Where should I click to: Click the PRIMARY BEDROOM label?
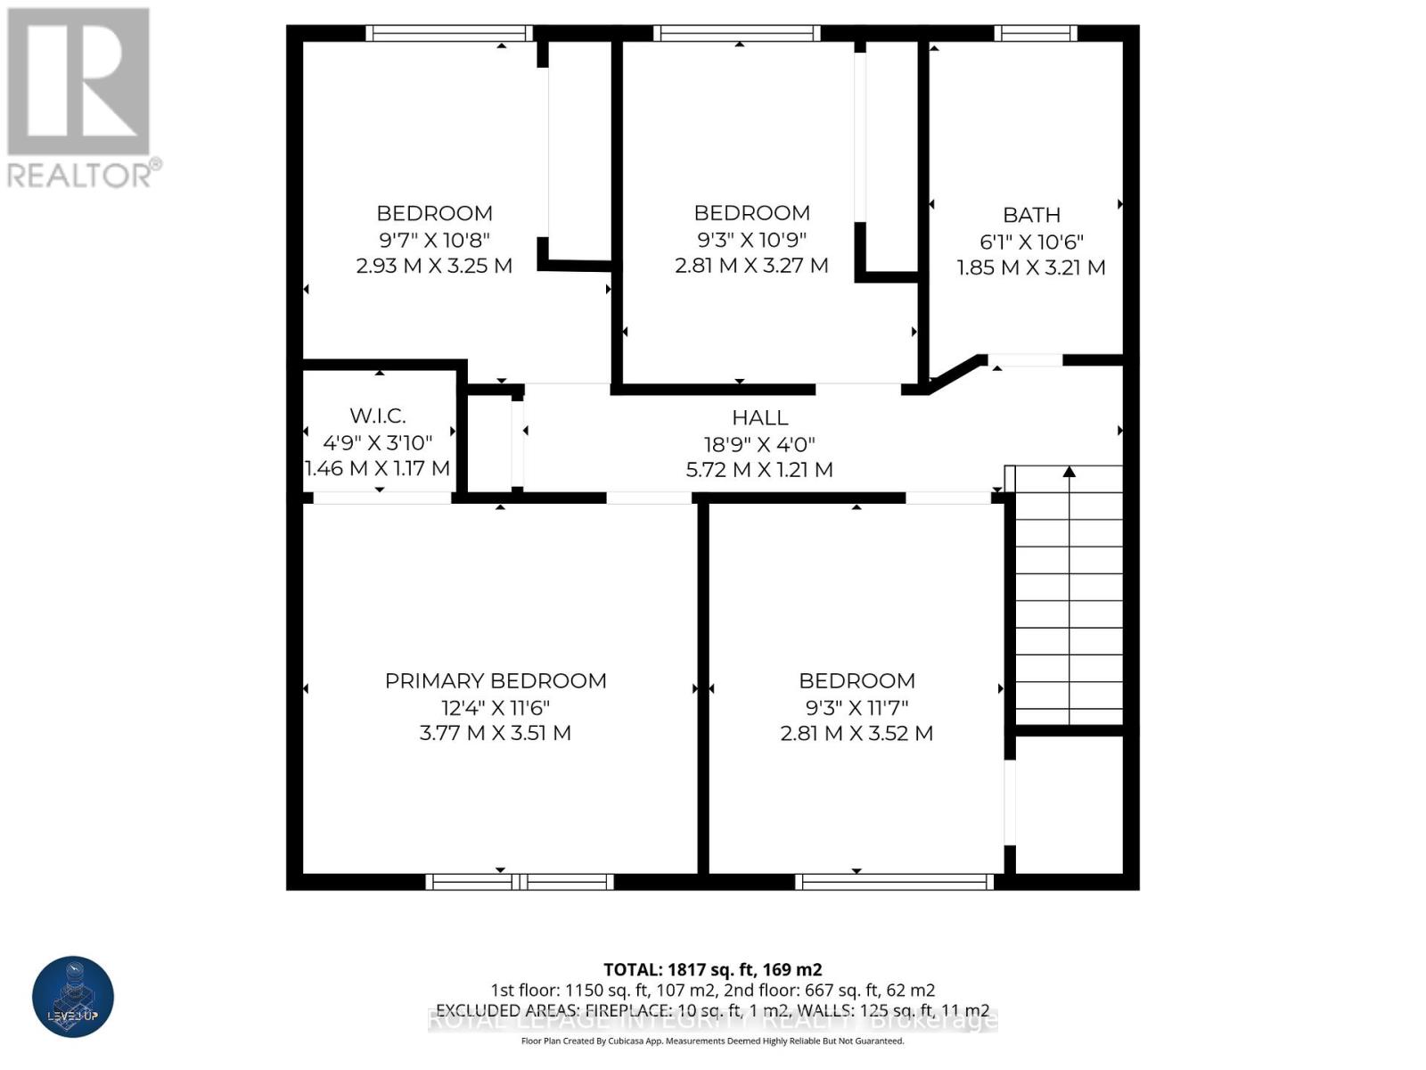(x=496, y=681)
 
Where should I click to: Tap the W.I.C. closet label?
(x=378, y=416)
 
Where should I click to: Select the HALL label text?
(x=759, y=417)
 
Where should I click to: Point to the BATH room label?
(x=1031, y=215)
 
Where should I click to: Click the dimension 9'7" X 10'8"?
(x=434, y=240)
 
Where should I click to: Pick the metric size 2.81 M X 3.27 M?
(x=751, y=266)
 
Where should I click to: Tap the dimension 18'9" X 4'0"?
(x=759, y=444)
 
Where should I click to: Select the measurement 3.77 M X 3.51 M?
(x=496, y=733)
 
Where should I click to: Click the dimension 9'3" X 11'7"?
(x=856, y=708)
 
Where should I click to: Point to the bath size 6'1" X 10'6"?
(x=1031, y=242)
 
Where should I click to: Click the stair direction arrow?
(x=1069, y=473)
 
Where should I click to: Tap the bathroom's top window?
(x=1035, y=33)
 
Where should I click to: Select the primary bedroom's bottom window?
(x=520, y=882)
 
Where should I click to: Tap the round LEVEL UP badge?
(x=73, y=997)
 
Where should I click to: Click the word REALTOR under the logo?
(x=80, y=175)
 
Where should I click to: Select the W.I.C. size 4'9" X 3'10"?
(x=378, y=442)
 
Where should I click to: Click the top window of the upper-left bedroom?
(x=448, y=33)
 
